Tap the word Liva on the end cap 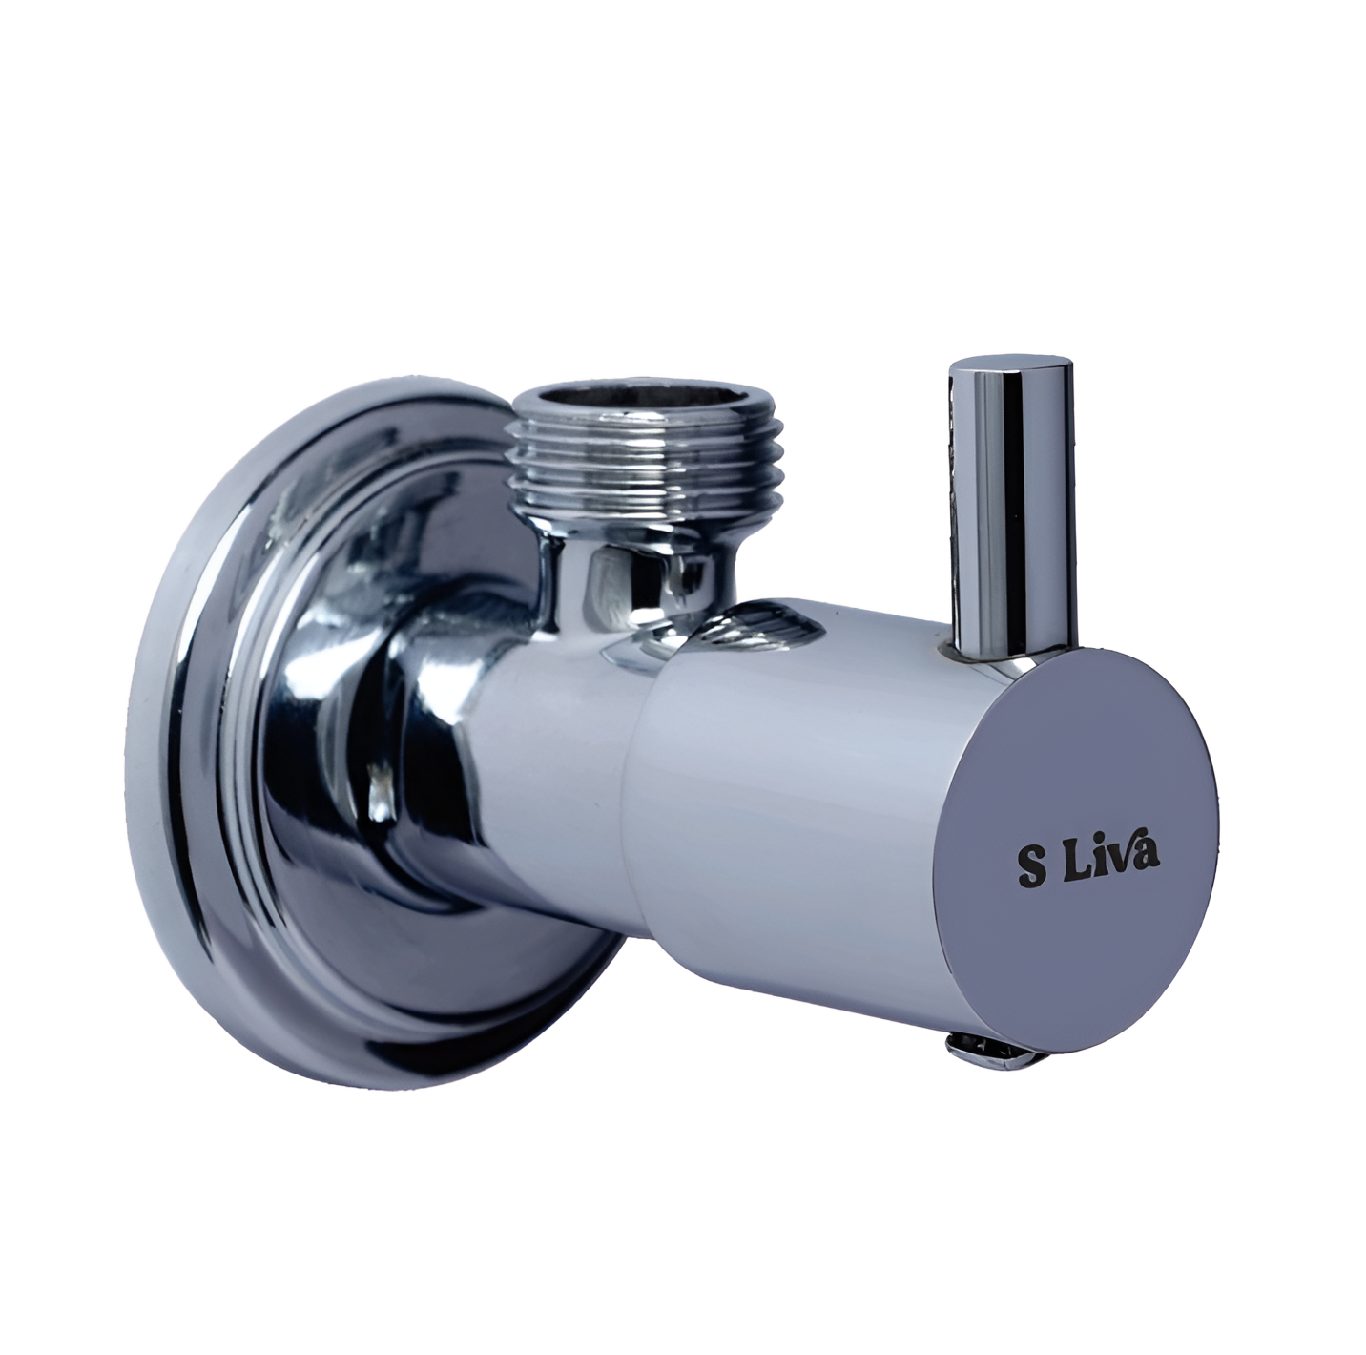pos(1112,861)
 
